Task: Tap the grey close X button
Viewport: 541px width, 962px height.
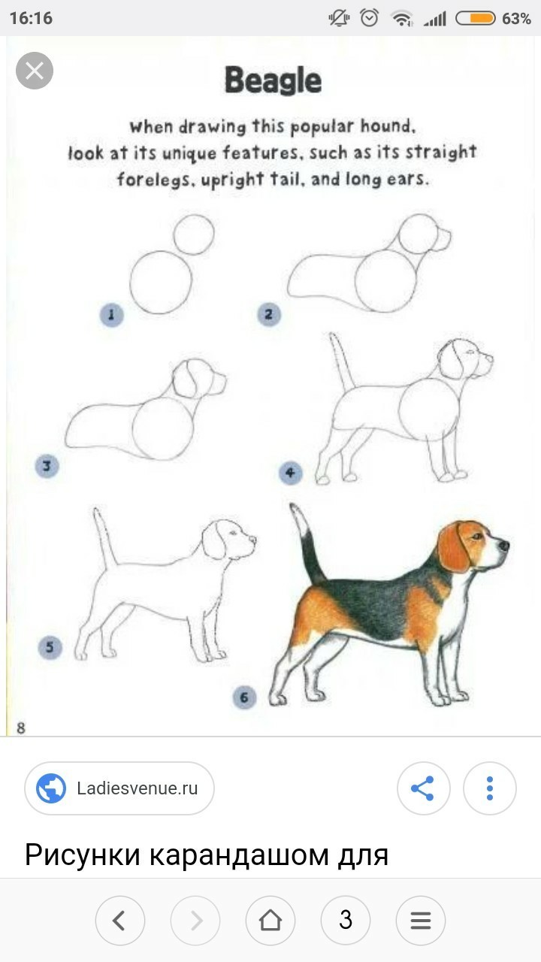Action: coord(35,71)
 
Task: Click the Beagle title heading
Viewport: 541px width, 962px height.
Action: coord(273,80)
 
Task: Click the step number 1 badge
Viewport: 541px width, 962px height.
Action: coord(112,315)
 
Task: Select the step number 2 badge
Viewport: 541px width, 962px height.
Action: coord(269,314)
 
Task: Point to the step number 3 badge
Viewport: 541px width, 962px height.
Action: coord(47,465)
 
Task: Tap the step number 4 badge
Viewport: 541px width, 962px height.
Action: coord(291,473)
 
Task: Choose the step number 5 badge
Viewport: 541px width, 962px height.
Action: coord(50,647)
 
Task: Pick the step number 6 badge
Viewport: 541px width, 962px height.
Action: coord(244,697)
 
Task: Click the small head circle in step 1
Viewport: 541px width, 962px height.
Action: coord(194,215)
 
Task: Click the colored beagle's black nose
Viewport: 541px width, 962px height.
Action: coord(503,546)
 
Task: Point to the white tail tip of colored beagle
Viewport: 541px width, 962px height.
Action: coord(298,519)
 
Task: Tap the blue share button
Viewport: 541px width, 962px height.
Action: coord(423,788)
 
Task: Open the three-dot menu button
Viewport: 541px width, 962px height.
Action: coord(489,788)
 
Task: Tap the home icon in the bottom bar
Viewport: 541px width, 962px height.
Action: coord(270,921)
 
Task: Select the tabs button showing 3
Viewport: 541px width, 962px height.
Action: coord(345,921)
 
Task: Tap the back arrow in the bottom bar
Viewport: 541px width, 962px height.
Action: coord(119,921)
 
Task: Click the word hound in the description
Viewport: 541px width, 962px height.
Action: coord(388,126)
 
